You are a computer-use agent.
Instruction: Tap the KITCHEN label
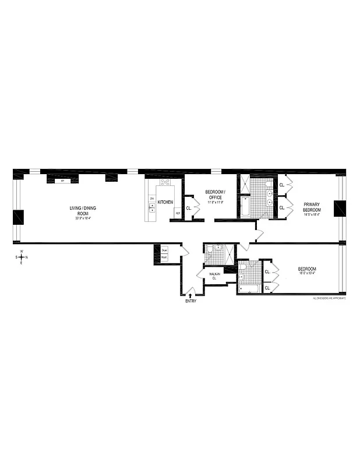pyautogui.click(x=165, y=202)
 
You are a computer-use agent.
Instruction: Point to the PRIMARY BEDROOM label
pyautogui.click(x=312, y=207)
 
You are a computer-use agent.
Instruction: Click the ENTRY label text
pyautogui.click(x=191, y=301)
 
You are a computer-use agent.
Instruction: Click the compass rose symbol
pyautogui.click(x=22, y=257)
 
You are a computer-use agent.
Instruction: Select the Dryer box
pyautogui.click(x=164, y=250)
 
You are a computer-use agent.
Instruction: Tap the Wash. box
pyautogui.click(x=164, y=257)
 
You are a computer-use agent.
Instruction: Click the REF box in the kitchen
pyautogui.click(x=178, y=213)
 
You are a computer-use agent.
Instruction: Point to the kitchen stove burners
pyautogui.click(x=165, y=182)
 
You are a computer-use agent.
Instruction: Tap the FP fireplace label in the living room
pyautogui.click(x=62, y=181)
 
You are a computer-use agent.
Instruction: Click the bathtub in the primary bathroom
pyautogui.click(x=245, y=208)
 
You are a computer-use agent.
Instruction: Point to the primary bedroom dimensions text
pyautogui.click(x=312, y=214)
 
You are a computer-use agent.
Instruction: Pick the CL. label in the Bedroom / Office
pyautogui.click(x=189, y=208)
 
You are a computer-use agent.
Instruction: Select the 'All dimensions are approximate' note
pyautogui.click(x=329, y=298)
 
